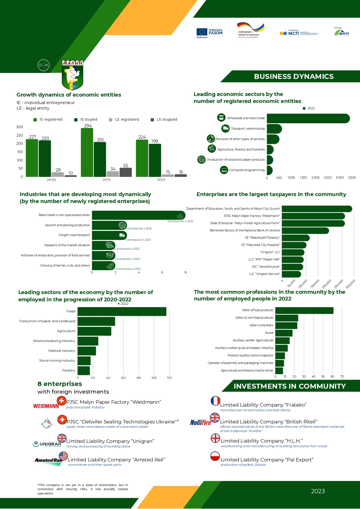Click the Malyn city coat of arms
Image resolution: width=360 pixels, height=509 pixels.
tap(73, 75)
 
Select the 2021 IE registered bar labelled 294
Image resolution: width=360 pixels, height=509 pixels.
tap(87, 152)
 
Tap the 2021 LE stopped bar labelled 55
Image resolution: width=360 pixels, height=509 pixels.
tap(125, 172)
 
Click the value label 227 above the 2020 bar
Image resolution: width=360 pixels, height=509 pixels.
tap(33, 137)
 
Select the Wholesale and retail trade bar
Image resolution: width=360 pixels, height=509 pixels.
tap(308, 118)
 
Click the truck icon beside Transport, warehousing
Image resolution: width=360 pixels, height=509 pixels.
tap(225, 128)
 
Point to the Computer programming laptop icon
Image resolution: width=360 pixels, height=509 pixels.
tap(224, 170)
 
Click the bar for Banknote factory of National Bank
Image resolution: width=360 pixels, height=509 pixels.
tap(305, 231)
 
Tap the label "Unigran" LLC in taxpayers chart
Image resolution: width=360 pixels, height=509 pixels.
tap(270, 252)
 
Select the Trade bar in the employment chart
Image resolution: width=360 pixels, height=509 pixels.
tap(122, 311)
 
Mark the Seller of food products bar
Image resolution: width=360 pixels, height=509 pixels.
tap(304, 310)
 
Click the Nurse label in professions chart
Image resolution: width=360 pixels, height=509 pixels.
tap(269, 333)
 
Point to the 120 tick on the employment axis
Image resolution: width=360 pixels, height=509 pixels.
tap(169, 378)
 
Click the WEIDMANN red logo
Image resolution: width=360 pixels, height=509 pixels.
tap(46, 406)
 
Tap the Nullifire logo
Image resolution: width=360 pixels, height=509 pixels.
tap(200, 422)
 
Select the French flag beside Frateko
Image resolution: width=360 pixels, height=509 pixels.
tap(215, 401)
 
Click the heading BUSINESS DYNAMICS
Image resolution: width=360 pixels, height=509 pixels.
tap(294, 77)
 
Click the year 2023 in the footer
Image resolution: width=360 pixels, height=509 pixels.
tap(318, 491)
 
